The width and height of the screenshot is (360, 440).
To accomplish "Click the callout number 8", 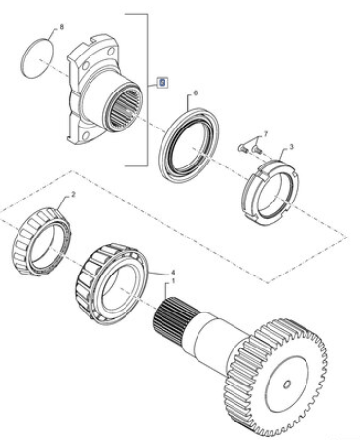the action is click(x=62, y=27).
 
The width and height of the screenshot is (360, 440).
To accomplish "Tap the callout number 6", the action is click(x=195, y=93).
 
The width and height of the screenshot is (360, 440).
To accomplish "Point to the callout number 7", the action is click(x=266, y=133).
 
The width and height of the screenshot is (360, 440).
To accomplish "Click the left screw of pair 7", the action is click(x=243, y=149).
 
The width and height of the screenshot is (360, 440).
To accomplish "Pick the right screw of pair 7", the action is click(x=257, y=150).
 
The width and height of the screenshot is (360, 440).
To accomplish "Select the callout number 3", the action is click(x=291, y=147).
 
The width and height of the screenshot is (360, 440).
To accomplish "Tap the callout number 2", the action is click(x=73, y=195).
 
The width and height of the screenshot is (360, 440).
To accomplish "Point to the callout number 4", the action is click(x=173, y=273).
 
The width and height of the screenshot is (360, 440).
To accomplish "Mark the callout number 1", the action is click(x=173, y=280).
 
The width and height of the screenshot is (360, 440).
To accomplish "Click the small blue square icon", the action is click(x=162, y=83).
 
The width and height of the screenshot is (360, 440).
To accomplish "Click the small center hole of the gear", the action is click(x=286, y=385).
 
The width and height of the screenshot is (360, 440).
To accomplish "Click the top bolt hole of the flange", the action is click(x=111, y=52).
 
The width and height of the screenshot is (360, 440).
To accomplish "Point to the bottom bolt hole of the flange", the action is click(x=86, y=135).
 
